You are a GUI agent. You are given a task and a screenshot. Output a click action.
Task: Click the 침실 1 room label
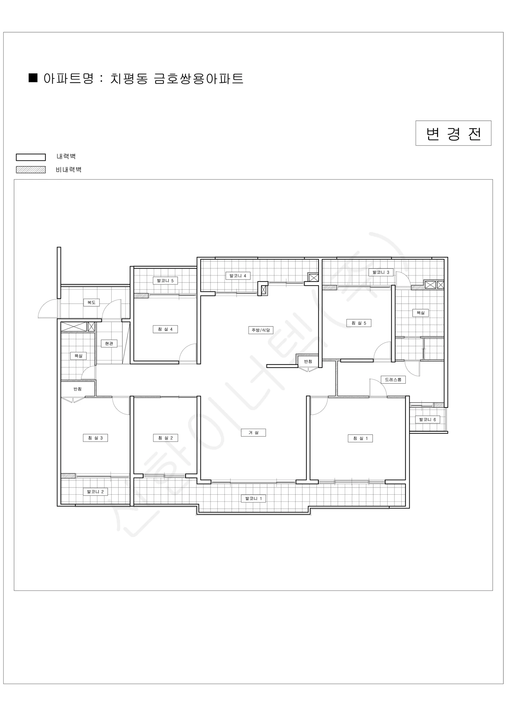point(360,438)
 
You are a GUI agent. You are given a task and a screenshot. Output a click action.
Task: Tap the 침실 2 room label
point(165,438)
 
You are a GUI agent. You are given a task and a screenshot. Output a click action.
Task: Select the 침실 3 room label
point(95,438)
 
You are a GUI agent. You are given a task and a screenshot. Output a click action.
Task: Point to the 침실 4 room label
point(165,329)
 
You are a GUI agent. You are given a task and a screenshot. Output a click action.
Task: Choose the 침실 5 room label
point(359,323)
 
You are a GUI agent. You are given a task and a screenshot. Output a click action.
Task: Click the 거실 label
point(253,433)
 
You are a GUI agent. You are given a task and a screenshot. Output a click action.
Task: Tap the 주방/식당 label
point(261,330)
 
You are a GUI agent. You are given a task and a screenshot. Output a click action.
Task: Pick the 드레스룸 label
point(393,379)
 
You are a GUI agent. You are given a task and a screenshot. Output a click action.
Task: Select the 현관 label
point(109,343)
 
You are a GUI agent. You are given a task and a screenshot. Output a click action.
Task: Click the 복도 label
point(91,302)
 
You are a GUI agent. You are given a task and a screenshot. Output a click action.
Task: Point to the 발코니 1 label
point(253,498)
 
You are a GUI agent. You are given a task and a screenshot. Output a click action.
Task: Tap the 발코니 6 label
point(427,419)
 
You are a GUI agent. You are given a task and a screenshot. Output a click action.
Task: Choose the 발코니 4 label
point(238,276)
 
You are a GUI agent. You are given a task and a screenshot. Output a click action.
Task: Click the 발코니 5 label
point(165,280)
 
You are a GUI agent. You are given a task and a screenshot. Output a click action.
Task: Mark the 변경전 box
point(453,133)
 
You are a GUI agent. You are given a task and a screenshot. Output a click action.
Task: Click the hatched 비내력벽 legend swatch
point(31,170)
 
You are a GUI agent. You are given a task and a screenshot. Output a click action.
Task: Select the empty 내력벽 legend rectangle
point(31,157)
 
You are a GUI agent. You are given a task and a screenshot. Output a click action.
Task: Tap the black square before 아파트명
point(33,78)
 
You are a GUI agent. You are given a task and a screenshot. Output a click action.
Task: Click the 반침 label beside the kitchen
point(308,361)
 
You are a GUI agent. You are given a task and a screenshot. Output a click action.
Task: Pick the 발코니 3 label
point(381,272)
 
